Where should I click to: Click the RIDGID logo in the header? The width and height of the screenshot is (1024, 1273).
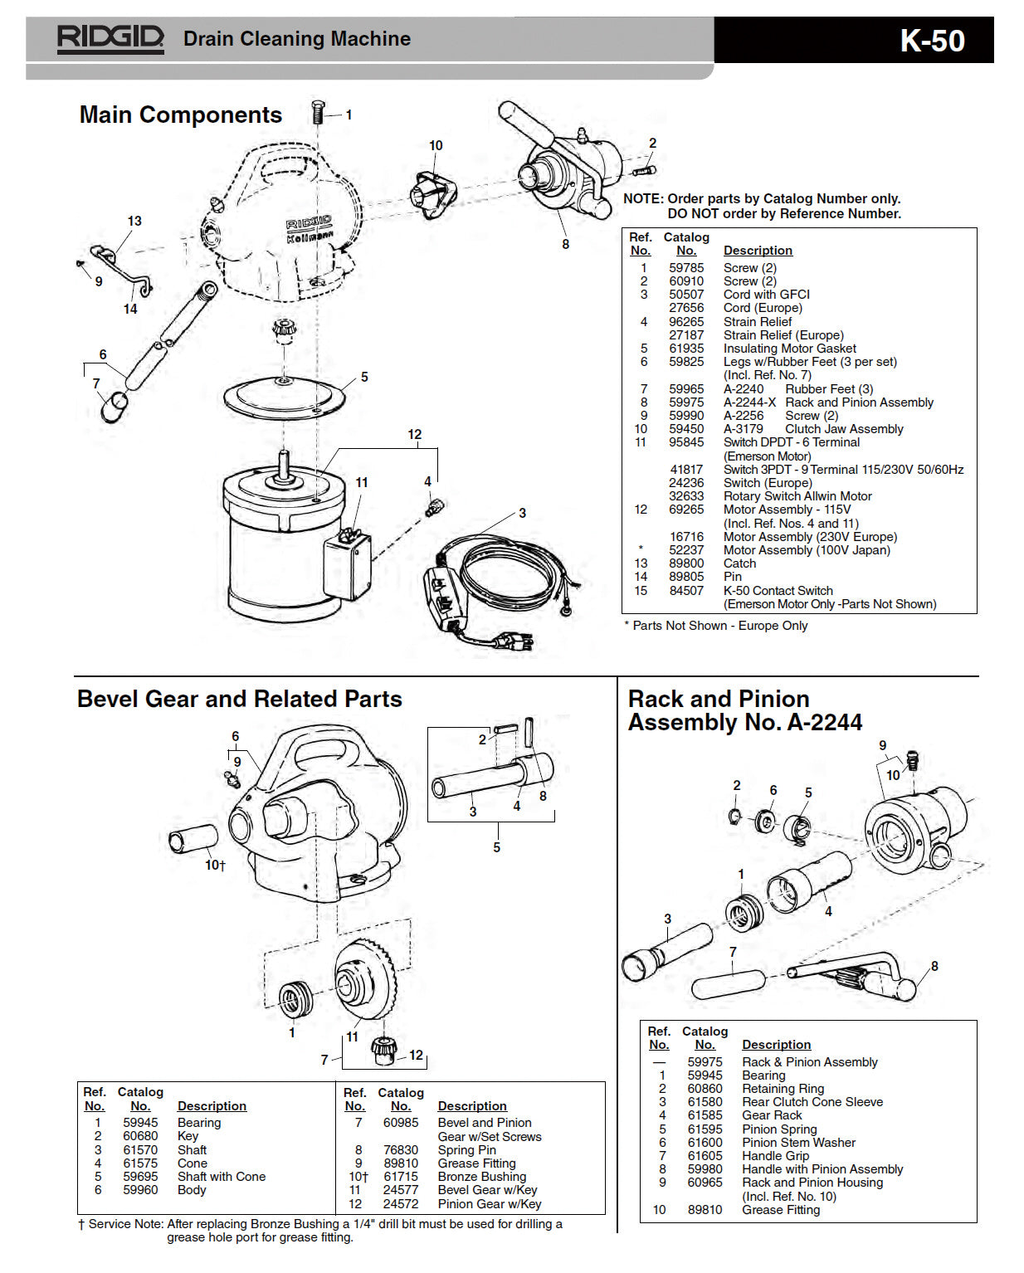coord(110,39)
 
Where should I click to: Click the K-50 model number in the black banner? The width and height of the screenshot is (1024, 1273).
coord(932,41)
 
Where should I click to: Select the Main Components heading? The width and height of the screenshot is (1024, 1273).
coord(180,115)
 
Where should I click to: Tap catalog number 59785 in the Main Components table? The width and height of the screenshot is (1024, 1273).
coord(685,268)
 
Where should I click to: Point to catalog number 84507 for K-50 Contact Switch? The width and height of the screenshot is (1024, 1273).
coord(685,591)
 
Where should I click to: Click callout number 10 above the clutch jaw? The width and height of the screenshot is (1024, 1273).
coord(436,146)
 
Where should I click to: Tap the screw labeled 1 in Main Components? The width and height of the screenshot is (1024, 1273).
coord(318,112)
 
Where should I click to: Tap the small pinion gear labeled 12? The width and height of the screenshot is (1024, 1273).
coord(383,1050)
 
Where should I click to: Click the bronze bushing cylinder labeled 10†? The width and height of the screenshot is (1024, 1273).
coord(193,840)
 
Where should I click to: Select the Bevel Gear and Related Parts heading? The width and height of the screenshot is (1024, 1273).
coord(239,699)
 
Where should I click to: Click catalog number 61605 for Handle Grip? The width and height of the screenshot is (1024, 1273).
coord(705,1156)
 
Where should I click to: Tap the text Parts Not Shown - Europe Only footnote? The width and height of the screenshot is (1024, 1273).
coord(719,626)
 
